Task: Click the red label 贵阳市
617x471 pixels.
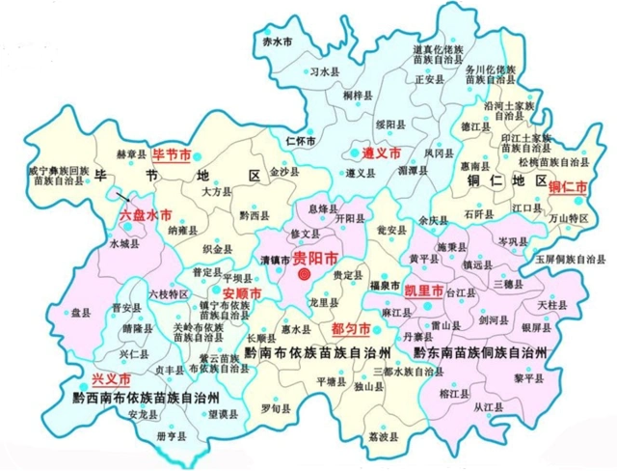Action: click(x=316, y=258)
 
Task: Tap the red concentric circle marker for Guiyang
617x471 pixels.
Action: click(x=305, y=275)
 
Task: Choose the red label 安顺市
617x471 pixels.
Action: click(x=241, y=292)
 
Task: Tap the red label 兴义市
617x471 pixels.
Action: click(x=111, y=379)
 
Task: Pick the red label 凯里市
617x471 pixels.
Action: click(x=423, y=291)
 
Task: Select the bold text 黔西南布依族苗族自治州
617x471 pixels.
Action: click(x=146, y=398)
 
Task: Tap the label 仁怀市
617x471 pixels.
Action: click(x=302, y=141)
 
